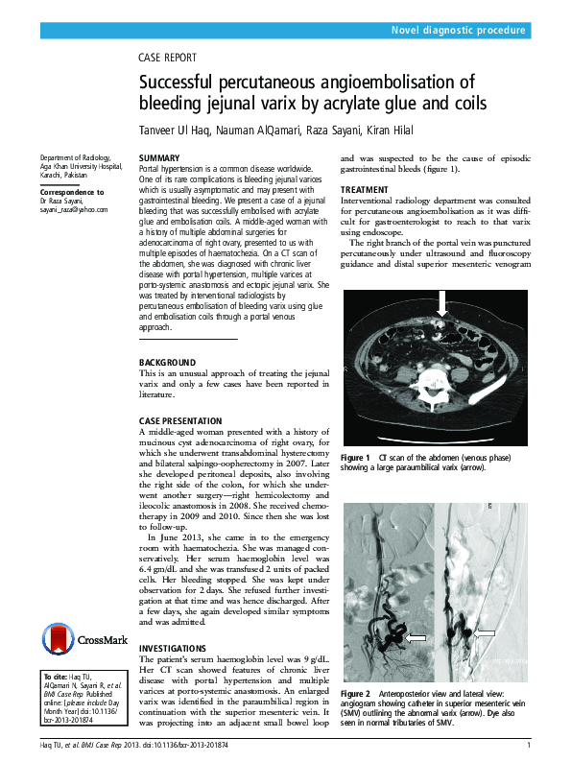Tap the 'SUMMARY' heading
pyautogui.click(x=158, y=157)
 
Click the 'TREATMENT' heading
pyautogui.click(x=365, y=190)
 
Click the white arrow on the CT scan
pyautogui.click(x=440, y=305)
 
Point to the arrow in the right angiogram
pyautogui.click(x=484, y=633)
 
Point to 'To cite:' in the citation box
pyautogui.click(x=55, y=678)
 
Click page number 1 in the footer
pyautogui.click(x=528, y=746)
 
